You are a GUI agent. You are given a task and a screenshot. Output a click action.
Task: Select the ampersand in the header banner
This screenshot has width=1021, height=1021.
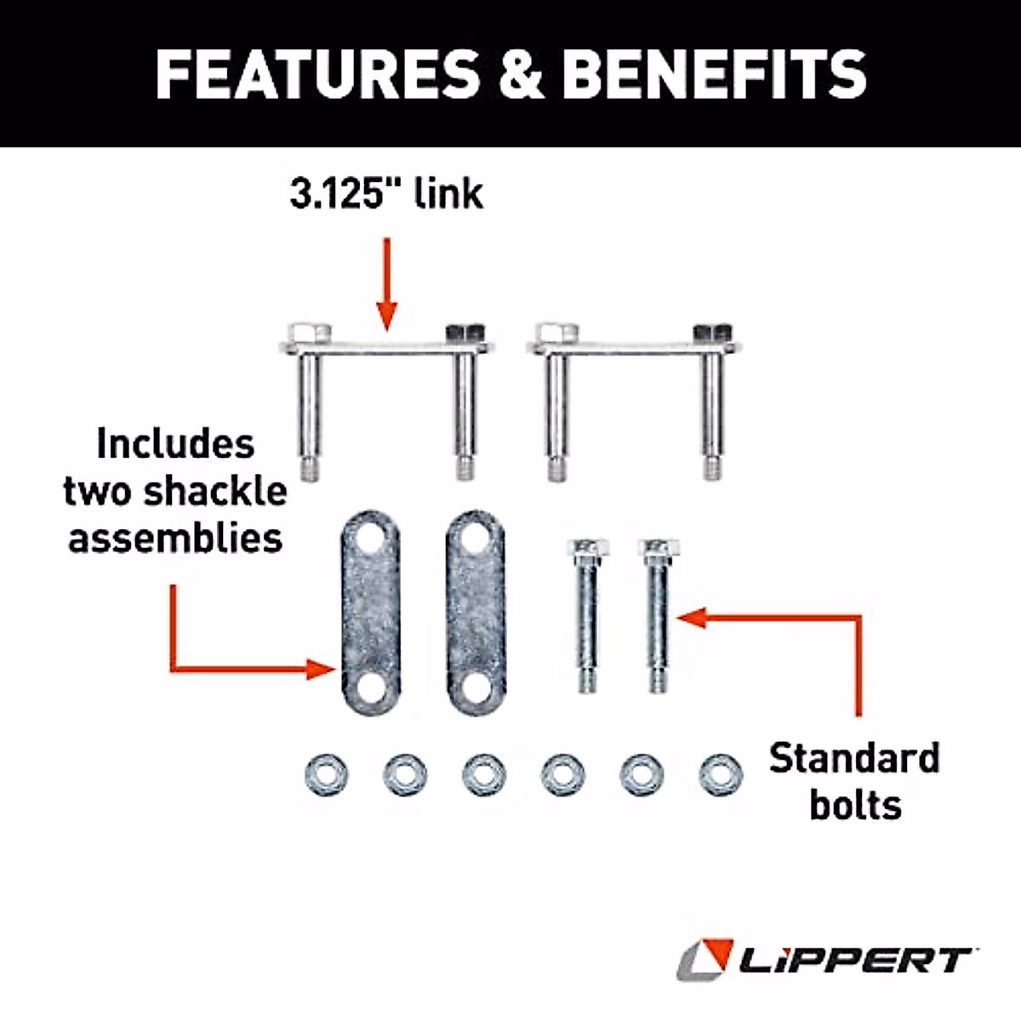522,73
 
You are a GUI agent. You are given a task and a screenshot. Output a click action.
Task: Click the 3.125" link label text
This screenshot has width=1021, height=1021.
387,194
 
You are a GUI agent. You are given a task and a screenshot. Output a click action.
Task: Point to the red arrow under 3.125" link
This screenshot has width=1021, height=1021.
387,285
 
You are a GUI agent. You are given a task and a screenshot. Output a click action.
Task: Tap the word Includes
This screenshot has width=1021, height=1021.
175,444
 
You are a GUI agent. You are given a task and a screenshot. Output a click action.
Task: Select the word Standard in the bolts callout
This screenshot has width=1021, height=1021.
854,758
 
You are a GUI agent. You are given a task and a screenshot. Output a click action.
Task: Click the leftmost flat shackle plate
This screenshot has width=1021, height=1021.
370,613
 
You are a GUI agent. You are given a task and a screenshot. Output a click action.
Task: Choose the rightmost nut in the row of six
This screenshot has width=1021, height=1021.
720,775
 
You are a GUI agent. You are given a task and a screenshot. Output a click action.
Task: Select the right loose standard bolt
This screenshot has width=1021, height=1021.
659,613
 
